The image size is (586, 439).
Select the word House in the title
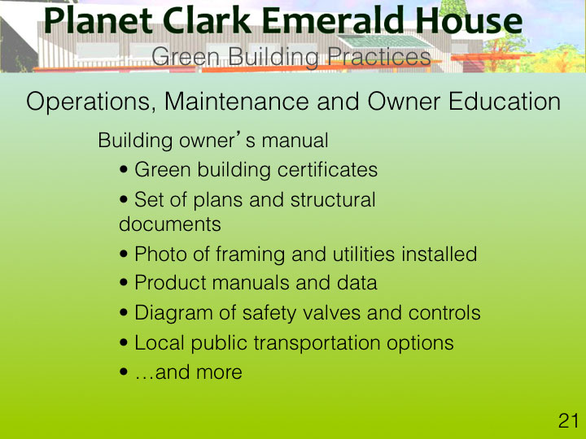(469, 20)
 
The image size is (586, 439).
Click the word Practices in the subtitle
(379, 57)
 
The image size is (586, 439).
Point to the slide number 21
(568, 421)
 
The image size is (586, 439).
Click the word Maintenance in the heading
(237, 101)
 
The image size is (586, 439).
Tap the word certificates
(327, 169)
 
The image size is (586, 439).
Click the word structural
(333, 200)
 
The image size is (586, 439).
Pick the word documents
(170, 224)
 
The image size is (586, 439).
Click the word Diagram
(173, 313)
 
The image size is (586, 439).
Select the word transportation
(317, 343)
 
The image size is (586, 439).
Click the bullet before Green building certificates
(124, 170)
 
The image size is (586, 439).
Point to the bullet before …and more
(124, 372)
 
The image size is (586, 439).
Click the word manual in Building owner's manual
(295, 141)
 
